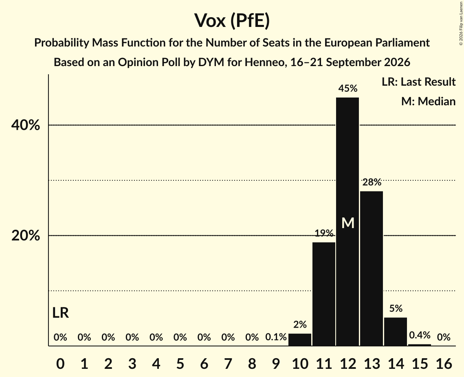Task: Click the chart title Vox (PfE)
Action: (232, 20)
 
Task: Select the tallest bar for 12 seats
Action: (347, 222)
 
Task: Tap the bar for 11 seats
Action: (324, 294)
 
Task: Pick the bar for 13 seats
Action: (372, 268)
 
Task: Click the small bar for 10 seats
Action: (300, 339)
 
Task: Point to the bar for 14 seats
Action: (395, 332)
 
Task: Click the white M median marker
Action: (348, 223)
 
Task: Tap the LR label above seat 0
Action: (60, 313)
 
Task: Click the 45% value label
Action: (348, 88)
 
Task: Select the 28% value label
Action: (372, 182)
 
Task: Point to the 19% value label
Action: (324, 233)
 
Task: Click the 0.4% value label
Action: (420, 335)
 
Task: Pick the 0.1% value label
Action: (276, 337)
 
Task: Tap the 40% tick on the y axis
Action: (25, 125)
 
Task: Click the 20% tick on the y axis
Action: (25, 236)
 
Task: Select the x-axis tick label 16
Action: (444, 364)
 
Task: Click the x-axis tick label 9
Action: (276, 364)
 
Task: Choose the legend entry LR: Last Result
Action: (418, 82)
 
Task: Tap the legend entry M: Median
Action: (428, 101)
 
